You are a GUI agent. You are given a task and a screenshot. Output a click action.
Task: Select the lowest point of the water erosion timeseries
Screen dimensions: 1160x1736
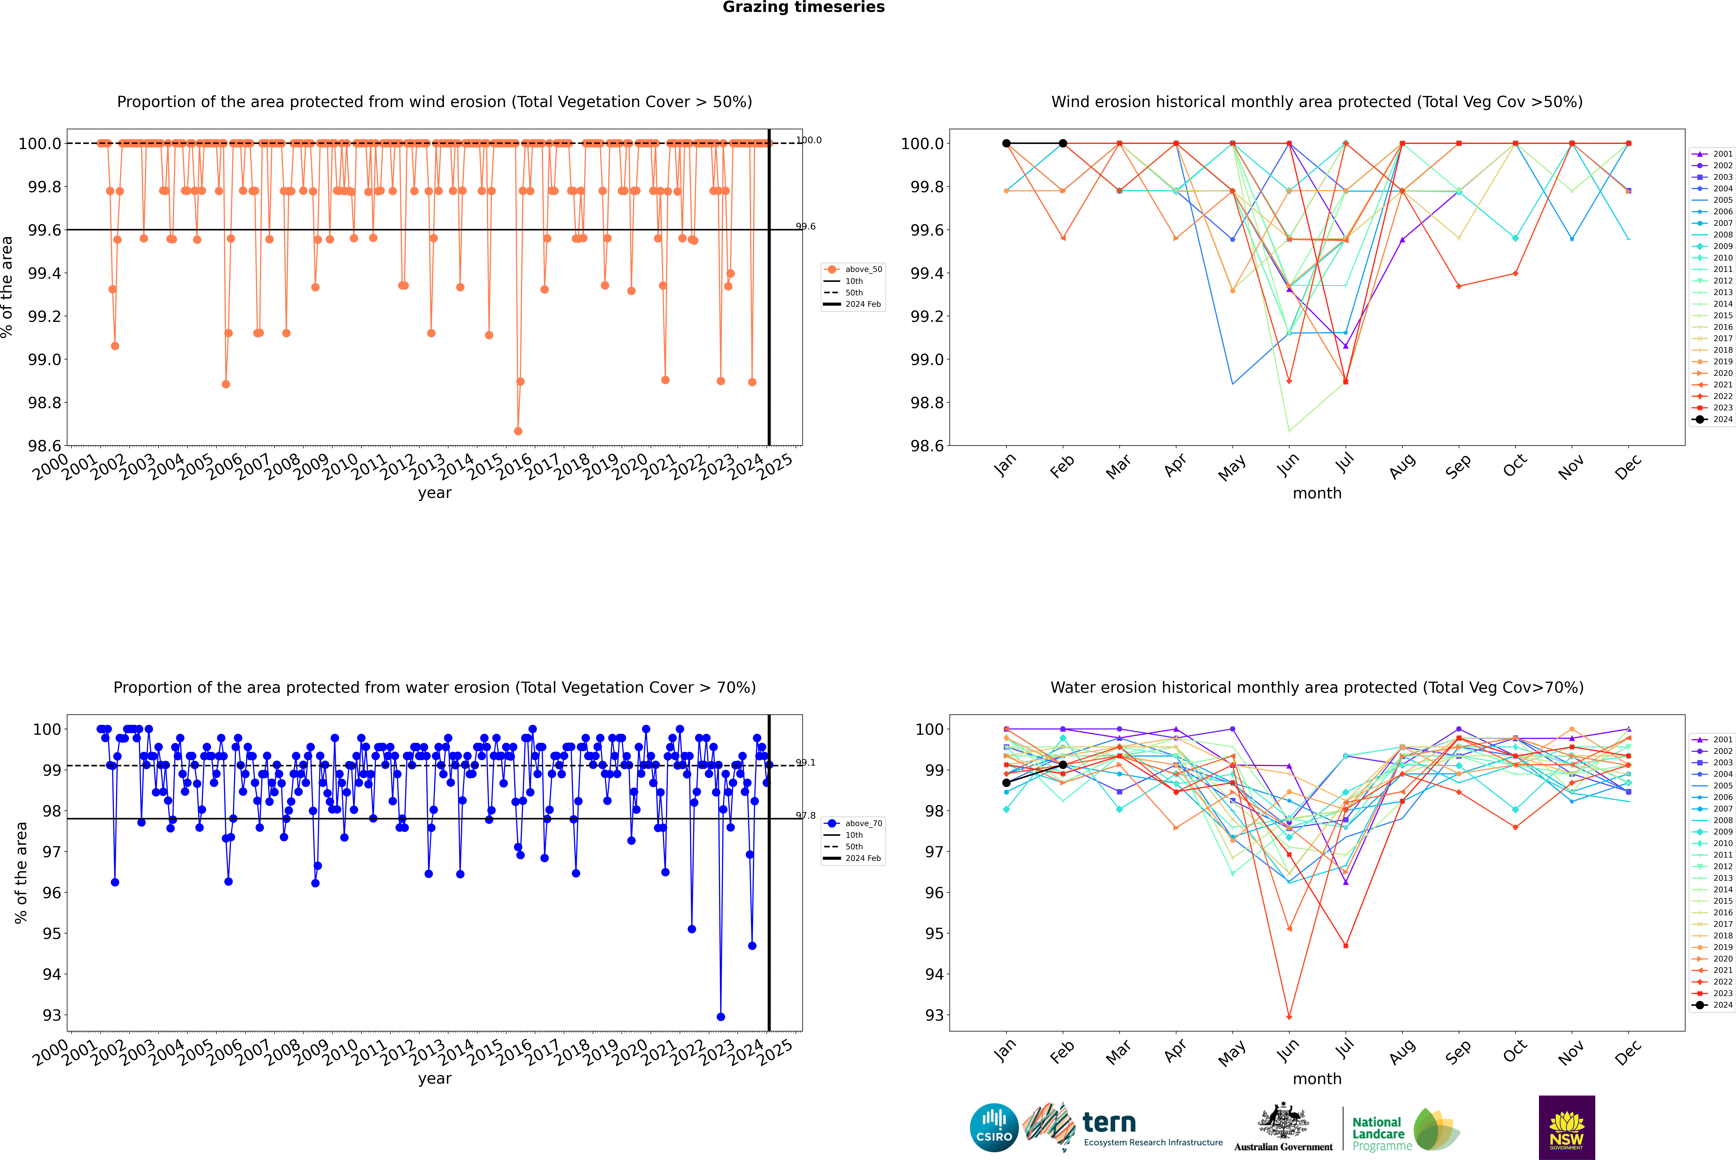(x=721, y=1016)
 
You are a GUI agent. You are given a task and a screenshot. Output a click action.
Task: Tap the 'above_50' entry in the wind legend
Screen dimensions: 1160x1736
(x=863, y=269)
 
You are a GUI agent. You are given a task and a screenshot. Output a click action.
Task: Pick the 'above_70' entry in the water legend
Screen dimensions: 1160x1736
(x=863, y=823)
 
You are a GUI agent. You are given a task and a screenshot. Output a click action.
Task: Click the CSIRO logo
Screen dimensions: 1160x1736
(x=994, y=1128)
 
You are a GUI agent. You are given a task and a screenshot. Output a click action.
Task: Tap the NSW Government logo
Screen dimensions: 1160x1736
(x=1566, y=1128)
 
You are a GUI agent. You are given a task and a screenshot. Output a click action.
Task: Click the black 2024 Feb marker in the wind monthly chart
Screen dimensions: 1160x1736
(x=1063, y=144)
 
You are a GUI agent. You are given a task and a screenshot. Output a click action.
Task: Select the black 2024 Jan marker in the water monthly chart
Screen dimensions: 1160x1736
(x=1006, y=783)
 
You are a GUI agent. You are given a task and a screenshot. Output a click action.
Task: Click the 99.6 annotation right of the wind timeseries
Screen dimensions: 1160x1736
(x=806, y=226)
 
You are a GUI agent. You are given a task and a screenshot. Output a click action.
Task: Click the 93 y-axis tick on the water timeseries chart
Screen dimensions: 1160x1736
(x=52, y=1016)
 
